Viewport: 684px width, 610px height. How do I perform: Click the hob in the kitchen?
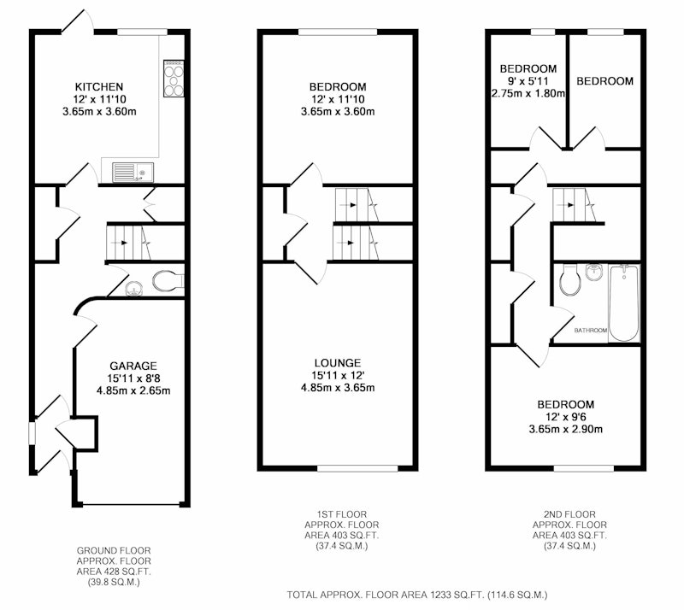[174, 79]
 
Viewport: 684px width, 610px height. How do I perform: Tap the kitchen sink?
[133, 173]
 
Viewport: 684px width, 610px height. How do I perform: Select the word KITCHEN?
[99, 87]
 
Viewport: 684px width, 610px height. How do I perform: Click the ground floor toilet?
[168, 281]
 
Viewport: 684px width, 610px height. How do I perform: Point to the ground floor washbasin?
[134, 288]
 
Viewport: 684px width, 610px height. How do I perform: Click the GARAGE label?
[133, 366]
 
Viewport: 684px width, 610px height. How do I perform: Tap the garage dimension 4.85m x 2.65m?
[133, 390]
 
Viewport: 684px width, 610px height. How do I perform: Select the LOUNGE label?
[338, 363]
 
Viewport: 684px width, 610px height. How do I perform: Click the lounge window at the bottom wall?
[357, 468]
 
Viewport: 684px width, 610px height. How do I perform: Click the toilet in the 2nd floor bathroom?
[569, 279]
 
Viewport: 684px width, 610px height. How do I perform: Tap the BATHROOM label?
[591, 330]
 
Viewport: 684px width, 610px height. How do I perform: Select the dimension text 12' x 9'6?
[566, 417]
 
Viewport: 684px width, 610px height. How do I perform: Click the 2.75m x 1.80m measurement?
[528, 93]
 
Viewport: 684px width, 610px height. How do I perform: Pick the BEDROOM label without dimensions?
[604, 81]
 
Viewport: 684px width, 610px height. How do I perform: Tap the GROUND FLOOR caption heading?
[114, 551]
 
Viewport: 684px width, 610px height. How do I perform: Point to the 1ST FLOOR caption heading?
[342, 514]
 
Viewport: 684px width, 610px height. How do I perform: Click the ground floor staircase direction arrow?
[121, 243]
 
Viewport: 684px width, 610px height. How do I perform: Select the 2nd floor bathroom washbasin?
[593, 272]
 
